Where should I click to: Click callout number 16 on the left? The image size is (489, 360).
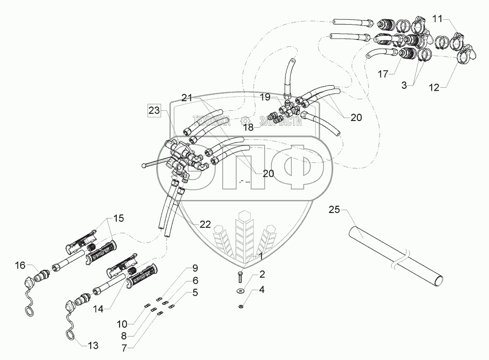[x=20, y=266]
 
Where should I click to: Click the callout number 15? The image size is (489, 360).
[x=119, y=218]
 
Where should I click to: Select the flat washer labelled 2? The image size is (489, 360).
[x=240, y=291]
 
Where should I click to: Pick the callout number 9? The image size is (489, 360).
[x=195, y=268]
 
